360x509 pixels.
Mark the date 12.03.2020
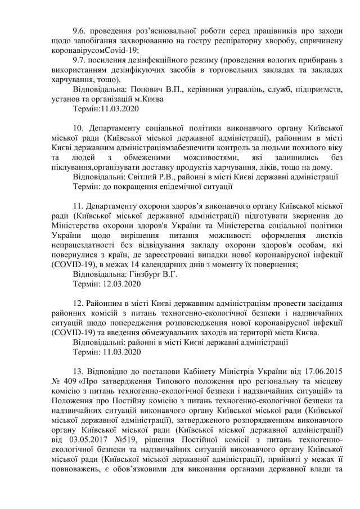click(x=122, y=284)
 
